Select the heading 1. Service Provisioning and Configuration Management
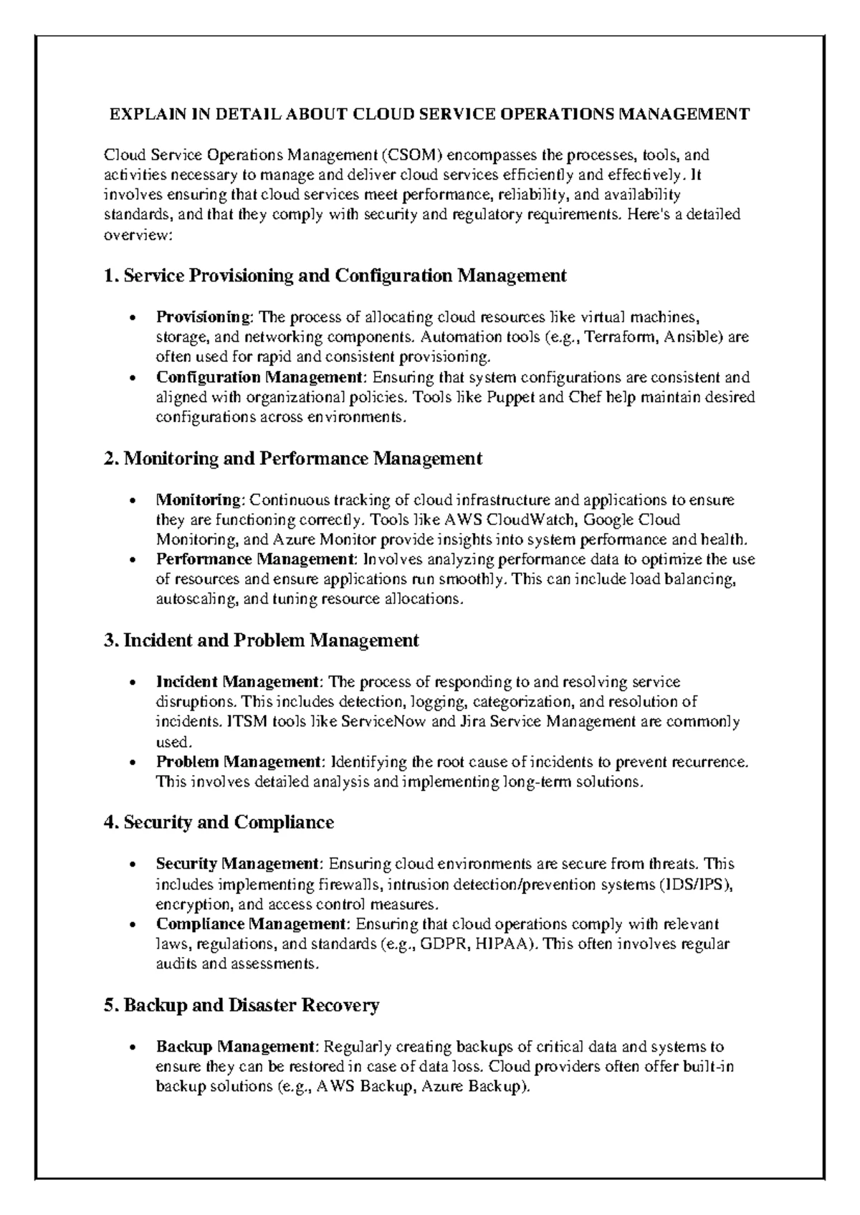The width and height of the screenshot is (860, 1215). pyautogui.click(x=335, y=276)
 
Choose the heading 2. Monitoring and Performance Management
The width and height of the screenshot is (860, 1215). pyautogui.click(x=293, y=458)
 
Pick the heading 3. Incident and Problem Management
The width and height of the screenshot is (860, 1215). pyautogui.click(x=262, y=640)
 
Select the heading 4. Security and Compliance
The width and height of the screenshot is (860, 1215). pyautogui.click(x=219, y=822)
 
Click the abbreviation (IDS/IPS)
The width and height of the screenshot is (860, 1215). pyautogui.click(x=695, y=884)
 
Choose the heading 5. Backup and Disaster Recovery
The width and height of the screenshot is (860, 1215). pyautogui.click(x=242, y=1005)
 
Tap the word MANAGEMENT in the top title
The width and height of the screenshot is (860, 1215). pyautogui.click(x=684, y=114)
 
